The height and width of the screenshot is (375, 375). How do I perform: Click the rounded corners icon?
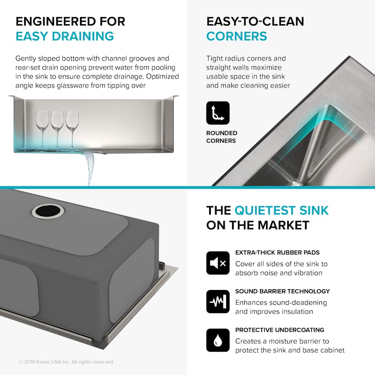click(217, 113)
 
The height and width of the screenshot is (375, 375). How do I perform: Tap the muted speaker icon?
click(217, 263)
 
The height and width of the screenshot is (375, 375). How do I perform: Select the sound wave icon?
click(217, 302)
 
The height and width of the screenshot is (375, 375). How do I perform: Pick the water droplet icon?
click(217, 340)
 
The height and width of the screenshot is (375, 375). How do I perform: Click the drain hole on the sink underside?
click(48, 211)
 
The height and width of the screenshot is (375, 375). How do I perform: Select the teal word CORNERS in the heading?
click(237, 36)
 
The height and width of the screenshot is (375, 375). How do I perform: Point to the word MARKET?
click(283, 225)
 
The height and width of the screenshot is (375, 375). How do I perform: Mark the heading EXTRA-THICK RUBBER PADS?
click(277, 252)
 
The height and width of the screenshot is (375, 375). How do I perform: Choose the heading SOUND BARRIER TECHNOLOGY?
click(282, 291)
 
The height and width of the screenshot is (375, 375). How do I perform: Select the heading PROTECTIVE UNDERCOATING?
click(280, 330)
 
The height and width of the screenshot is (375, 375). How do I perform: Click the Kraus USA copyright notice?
click(66, 362)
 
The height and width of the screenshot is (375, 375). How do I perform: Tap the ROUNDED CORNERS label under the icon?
click(222, 137)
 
